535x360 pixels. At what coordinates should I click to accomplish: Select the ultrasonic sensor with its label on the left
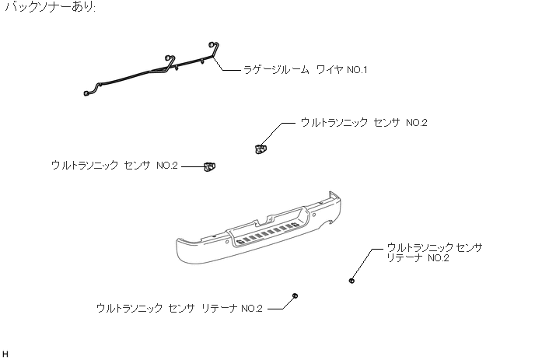point(209,166)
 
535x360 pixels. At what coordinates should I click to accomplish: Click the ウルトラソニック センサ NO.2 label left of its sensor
point(114,166)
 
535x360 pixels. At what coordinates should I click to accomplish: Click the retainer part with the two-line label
point(352,280)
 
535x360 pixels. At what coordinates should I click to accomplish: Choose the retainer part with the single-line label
point(295,296)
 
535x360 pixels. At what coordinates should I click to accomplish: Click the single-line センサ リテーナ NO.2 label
point(180,309)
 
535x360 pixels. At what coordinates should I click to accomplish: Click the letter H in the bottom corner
point(5,355)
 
